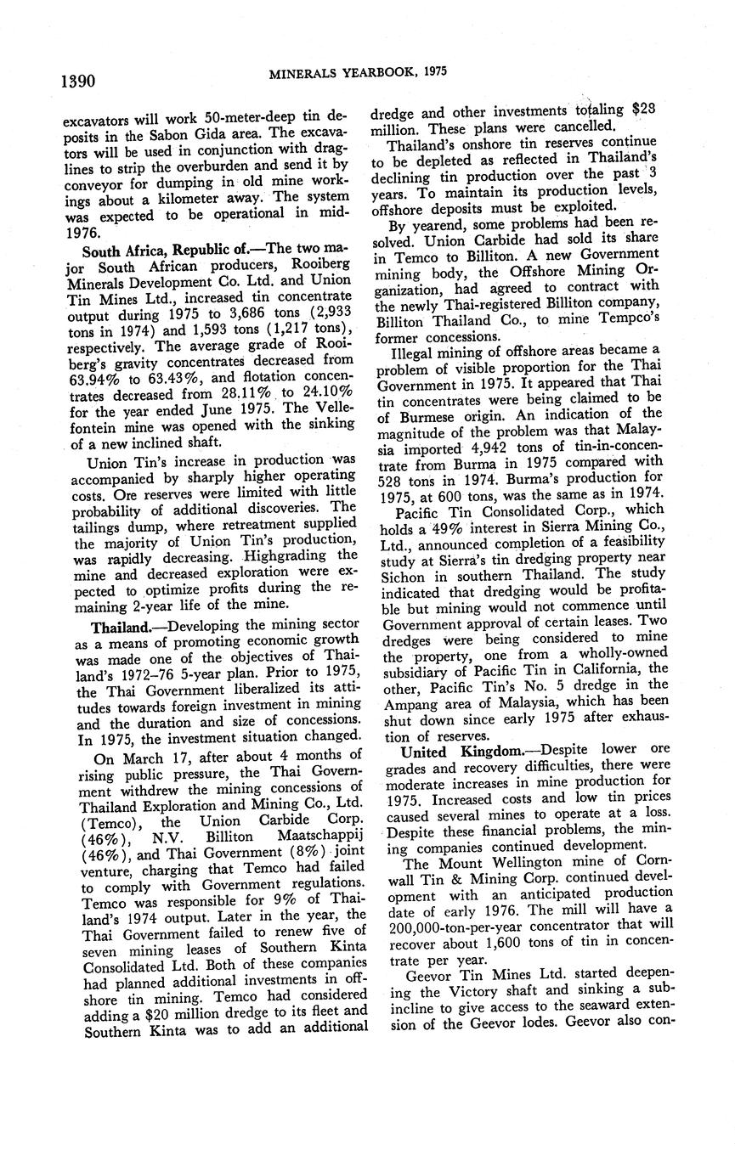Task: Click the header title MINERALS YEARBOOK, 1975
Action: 359,73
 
